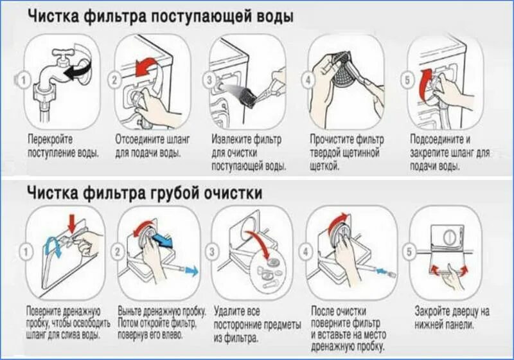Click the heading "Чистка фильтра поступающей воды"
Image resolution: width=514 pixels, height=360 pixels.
161,17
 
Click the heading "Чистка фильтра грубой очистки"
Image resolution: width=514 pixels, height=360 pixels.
145,192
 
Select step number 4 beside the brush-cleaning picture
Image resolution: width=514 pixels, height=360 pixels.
308,81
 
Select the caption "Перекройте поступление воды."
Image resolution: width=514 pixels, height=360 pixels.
63,146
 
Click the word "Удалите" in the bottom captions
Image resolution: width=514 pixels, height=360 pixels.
229,310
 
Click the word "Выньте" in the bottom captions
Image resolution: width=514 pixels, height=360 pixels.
131,310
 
